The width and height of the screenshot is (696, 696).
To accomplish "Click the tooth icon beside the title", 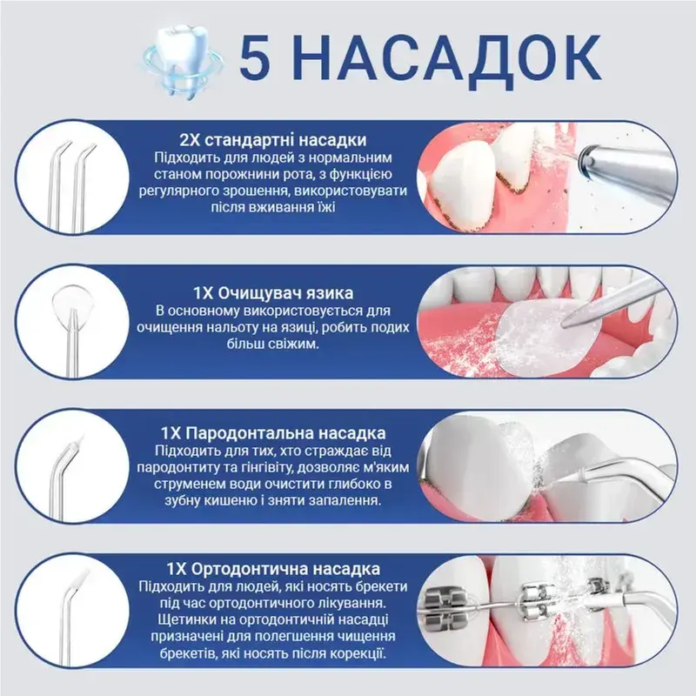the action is coord(183,61).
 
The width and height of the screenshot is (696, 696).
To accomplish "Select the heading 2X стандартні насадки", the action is coord(273,140).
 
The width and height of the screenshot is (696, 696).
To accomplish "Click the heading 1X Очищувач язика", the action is coord(273,293).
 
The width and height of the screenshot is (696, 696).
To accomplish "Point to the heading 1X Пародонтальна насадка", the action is coord(273,433).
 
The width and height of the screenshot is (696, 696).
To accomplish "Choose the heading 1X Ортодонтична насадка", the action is coord(273,569).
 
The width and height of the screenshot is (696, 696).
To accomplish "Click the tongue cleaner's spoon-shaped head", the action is coord(71,299).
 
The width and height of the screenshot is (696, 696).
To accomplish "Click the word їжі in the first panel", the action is coord(326,207).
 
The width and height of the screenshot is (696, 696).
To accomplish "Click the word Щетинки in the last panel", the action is coord(185,619).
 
